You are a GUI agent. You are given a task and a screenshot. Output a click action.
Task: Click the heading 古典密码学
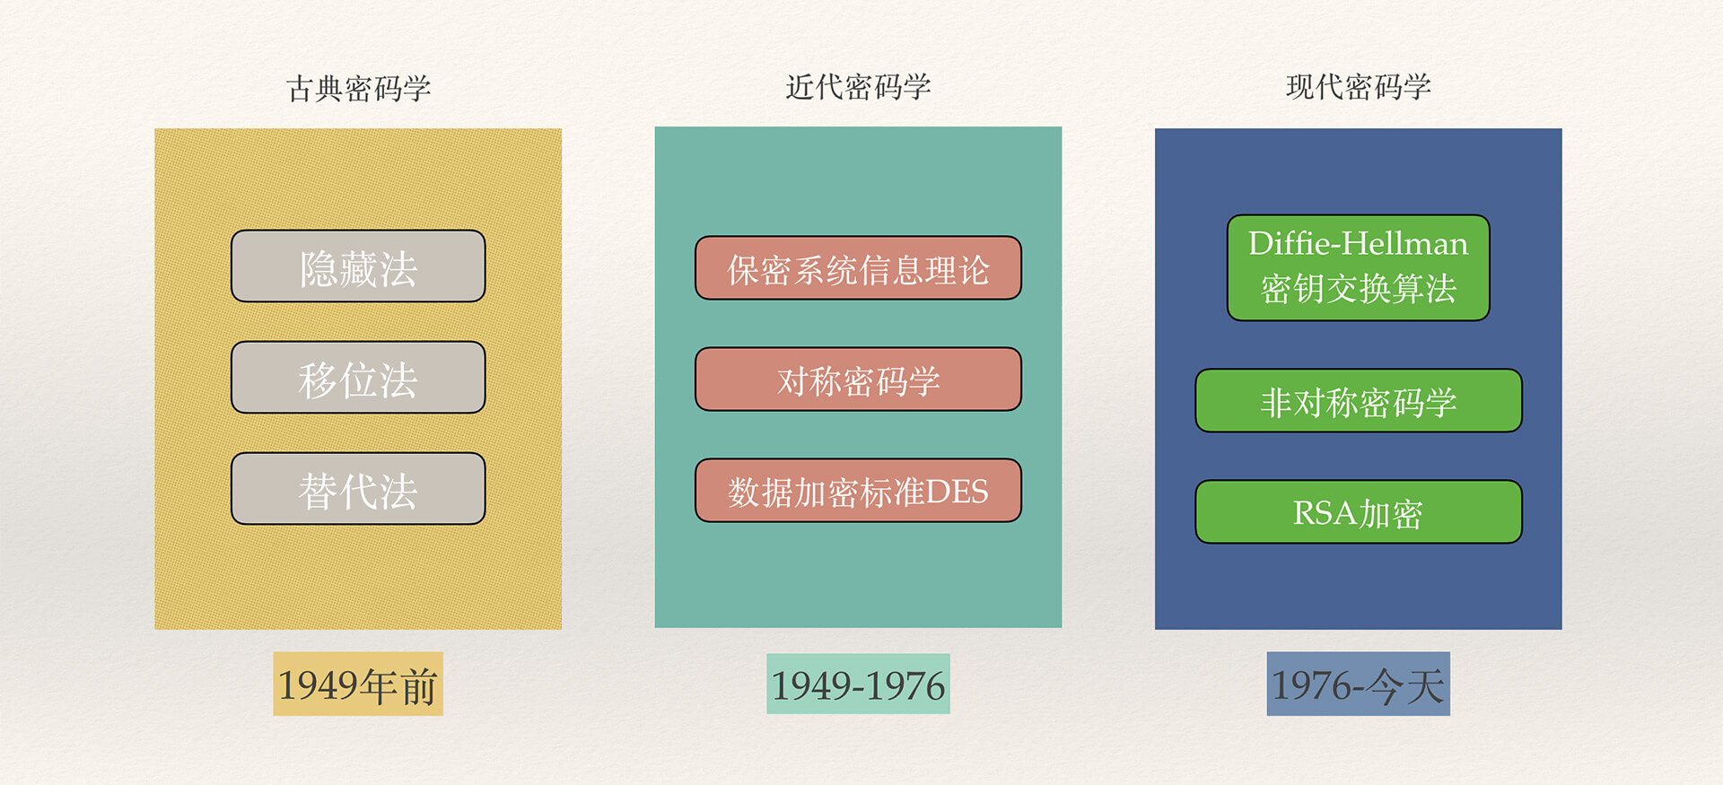coord(359,88)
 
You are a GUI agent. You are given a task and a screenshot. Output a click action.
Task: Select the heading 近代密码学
coord(858,86)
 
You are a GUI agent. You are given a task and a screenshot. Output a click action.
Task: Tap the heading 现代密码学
coord(1358,86)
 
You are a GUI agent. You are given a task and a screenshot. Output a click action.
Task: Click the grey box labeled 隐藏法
coord(358,266)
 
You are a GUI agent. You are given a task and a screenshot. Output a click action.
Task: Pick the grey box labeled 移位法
coord(358,378)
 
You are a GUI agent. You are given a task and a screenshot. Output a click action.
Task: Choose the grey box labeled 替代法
coord(358,489)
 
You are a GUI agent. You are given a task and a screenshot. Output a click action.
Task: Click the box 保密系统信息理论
coord(858,268)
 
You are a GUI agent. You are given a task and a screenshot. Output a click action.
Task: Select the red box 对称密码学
coord(858,379)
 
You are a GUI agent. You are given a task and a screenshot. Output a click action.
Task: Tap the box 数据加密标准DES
coord(858,491)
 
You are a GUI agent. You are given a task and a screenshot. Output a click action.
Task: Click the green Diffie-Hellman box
coord(1358,267)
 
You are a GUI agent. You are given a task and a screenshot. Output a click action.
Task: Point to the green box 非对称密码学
coord(1358,401)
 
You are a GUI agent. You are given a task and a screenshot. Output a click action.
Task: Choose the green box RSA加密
coord(1358,512)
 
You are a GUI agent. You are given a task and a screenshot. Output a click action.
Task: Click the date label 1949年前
coord(358,684)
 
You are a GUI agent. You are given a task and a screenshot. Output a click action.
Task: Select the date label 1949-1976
coord(858,685)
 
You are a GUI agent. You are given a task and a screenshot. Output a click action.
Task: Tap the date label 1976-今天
coord(1358,684)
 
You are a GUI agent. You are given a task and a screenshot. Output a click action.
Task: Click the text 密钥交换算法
coord(1358,289)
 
